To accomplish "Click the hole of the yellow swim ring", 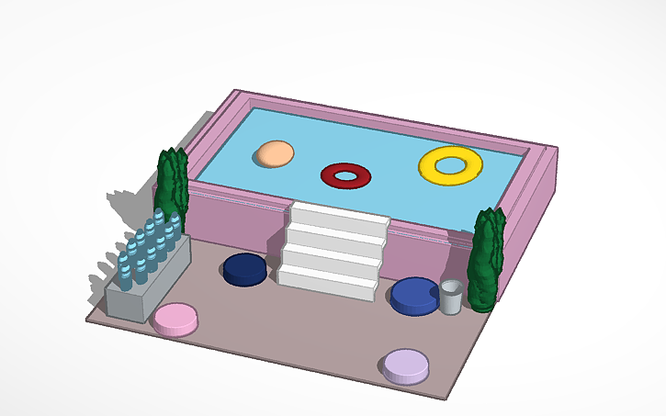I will [450, 165].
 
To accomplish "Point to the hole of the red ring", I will [345, 173].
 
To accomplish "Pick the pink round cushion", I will [175, 318].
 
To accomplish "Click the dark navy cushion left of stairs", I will [245, 269].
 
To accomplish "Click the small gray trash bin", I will [450, 298].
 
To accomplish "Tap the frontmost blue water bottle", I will [125, 271].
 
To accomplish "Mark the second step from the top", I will [334, 237].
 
